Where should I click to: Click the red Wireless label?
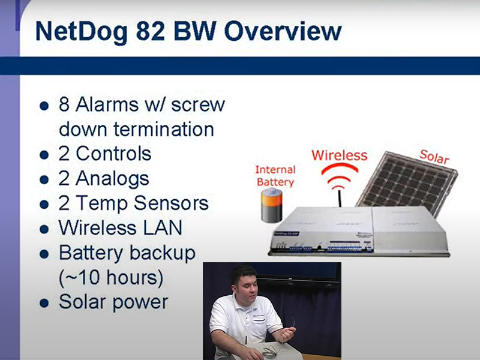[x=339, y=155]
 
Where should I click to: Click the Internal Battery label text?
[x=275, y=175]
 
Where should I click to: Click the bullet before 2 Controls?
[x=43, y=155]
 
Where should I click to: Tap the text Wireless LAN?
[x=120, y=227]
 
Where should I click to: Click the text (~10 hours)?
[x=111, y=278]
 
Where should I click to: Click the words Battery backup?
[x=127, y=253]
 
